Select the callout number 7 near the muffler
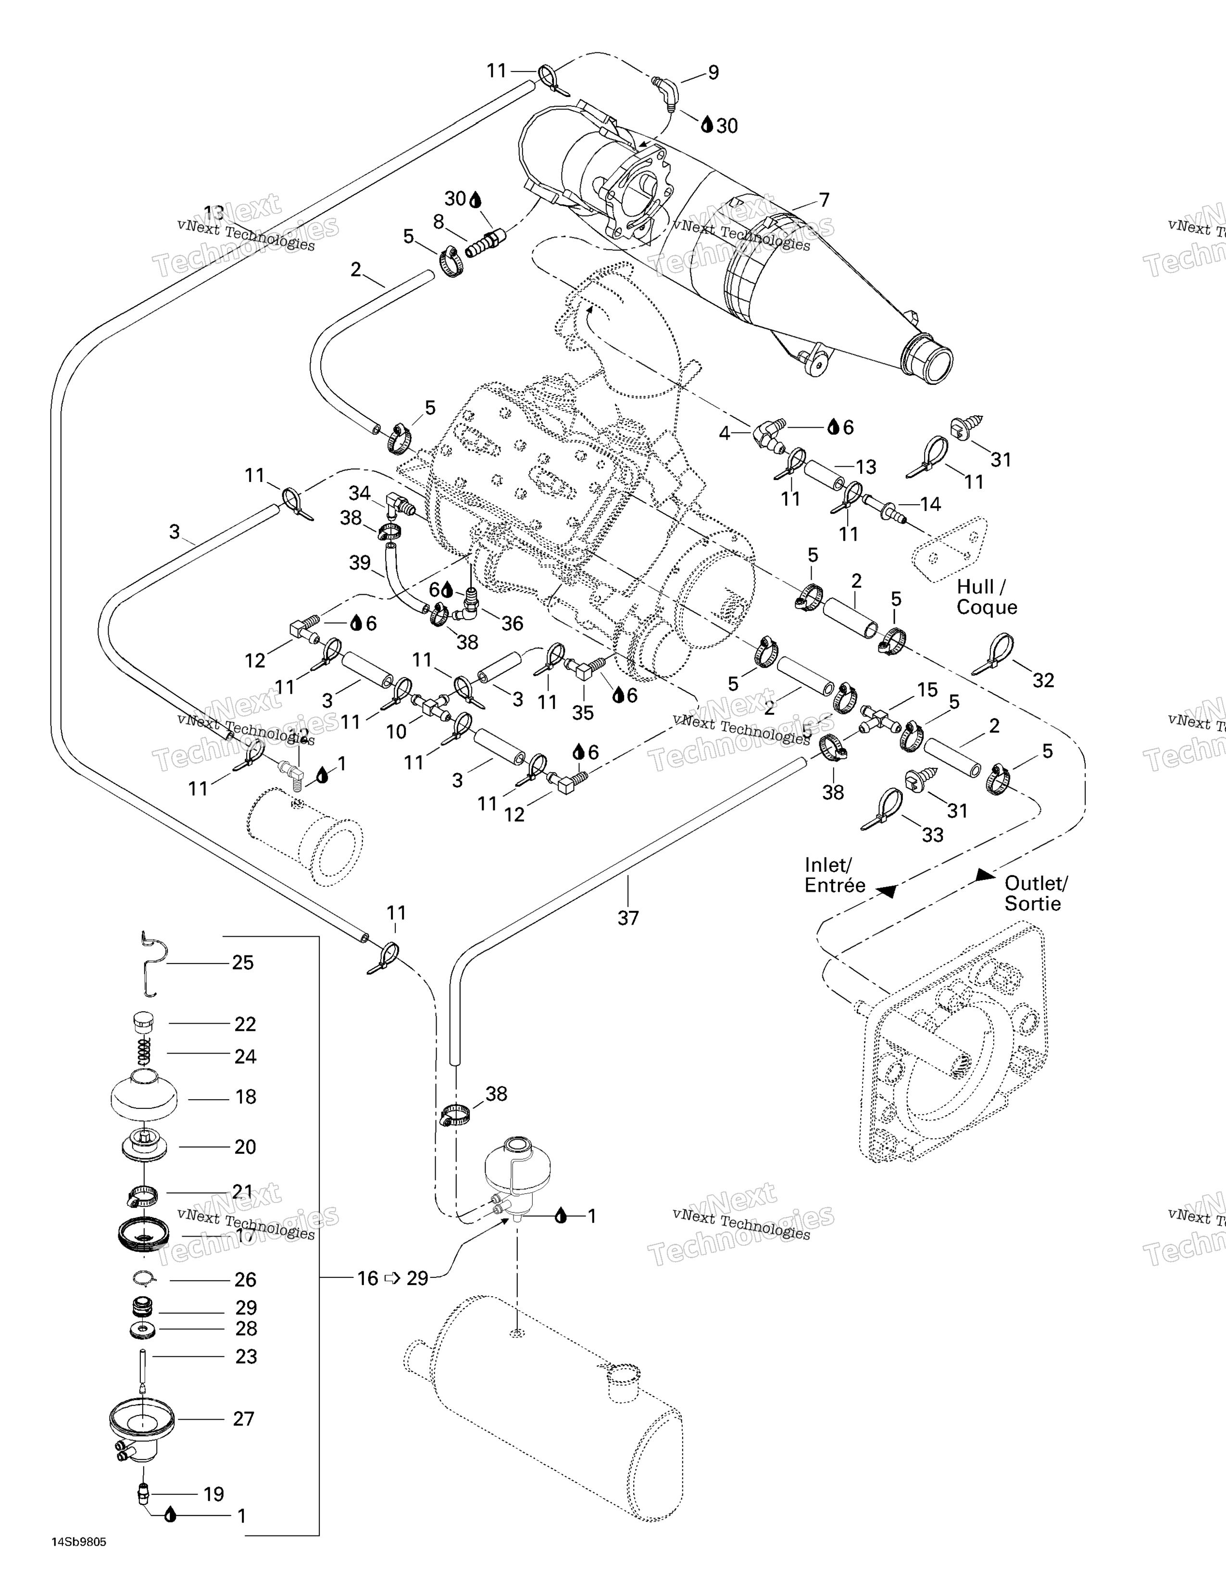824,200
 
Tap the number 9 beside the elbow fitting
713,73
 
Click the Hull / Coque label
986,597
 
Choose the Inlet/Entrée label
835,875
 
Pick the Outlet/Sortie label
1036,893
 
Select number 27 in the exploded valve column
243,1419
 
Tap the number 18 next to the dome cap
246,1097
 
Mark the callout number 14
930,504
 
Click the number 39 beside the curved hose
360,563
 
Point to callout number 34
360,494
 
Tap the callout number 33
933,835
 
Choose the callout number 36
512,623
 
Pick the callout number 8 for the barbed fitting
438,222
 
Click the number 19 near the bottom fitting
213,1495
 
